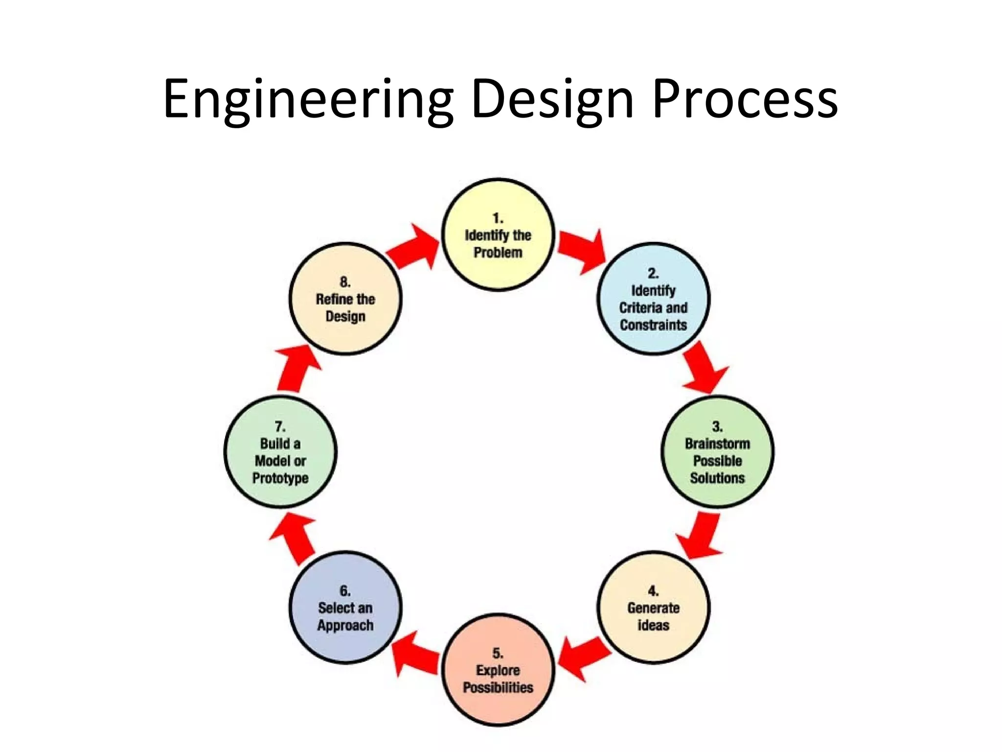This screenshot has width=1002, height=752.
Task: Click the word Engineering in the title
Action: (x=308, y=100)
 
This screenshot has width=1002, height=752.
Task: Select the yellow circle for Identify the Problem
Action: (x=498, y=235)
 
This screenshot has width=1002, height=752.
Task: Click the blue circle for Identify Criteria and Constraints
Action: (x=653, y=298)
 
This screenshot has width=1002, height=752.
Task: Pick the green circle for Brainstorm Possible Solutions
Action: (x=717, y=451)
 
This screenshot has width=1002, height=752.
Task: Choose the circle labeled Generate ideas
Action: (x=653, y=607)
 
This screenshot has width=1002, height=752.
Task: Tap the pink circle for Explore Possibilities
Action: (x=498, y=670)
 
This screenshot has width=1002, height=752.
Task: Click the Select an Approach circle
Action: (x=345, y=607)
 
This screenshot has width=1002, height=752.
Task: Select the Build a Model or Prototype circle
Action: (x=280, y=451)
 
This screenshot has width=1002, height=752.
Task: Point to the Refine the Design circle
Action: (x=345, y=298)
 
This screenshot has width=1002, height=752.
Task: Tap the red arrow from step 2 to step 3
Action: (x=703, y=368)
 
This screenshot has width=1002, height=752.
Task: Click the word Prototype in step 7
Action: (x=280, y=478)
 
